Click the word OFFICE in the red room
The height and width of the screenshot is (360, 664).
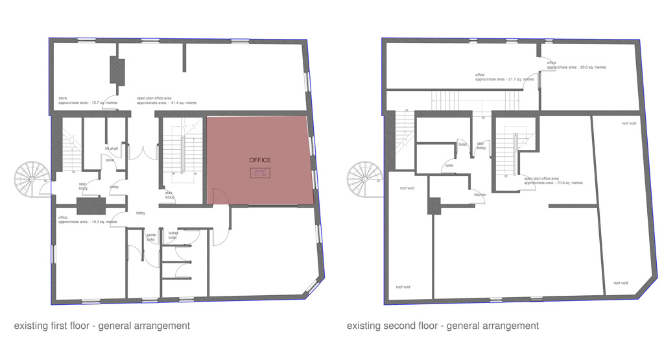260,160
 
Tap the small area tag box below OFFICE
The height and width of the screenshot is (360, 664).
260,173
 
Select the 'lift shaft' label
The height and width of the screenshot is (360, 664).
112,149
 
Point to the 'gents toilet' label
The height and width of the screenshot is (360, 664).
150,237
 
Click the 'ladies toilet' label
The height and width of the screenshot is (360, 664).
173,235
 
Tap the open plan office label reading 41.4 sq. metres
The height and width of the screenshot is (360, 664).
166,101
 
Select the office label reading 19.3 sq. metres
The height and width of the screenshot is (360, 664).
88,220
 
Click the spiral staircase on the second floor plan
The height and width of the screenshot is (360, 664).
364,177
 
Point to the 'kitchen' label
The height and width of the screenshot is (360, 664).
480,195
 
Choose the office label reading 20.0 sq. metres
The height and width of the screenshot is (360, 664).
576,65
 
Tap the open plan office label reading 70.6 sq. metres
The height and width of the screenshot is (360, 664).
553,180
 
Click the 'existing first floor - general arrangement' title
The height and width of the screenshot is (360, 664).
102,326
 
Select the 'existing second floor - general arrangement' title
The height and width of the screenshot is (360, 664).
442,326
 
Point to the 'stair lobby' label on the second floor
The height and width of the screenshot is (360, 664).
481,146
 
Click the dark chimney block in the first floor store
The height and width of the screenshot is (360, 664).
117,71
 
